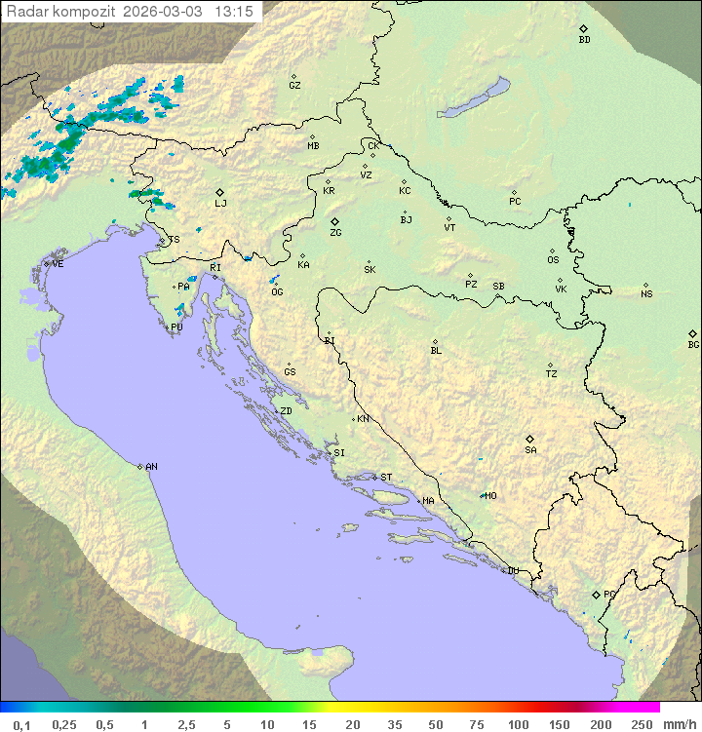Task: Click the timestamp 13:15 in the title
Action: (234, 12)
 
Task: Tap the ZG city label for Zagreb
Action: (335, 233)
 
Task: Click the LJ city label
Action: (220, 203)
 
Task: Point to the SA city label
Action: (530, 449)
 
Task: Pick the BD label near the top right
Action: (584, 40)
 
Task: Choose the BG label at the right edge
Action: (693, 344)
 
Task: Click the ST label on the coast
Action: (386, 478)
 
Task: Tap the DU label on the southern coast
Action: (512, 571)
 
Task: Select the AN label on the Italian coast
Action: (151, 467)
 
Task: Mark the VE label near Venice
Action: (58, 264)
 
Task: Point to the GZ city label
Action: (294, 85)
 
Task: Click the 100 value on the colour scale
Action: (518, 724)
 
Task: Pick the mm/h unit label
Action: (676, 724)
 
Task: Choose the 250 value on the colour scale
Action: (642, 724)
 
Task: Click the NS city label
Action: (646, 293)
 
